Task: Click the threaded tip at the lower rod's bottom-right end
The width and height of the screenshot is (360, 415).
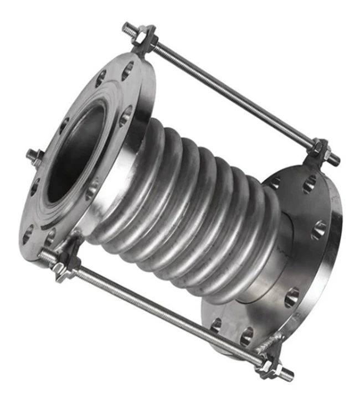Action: click(286, 375)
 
